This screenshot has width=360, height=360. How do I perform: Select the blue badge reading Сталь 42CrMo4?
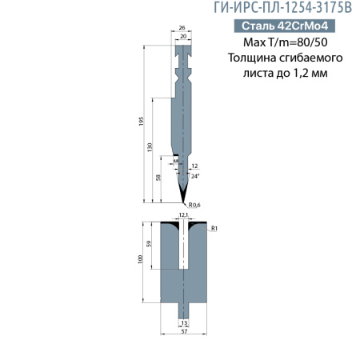coord(274,26)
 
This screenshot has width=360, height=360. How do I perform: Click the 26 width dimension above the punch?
coord(183,26)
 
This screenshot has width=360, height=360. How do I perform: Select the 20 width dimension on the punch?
coord(183,36)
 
